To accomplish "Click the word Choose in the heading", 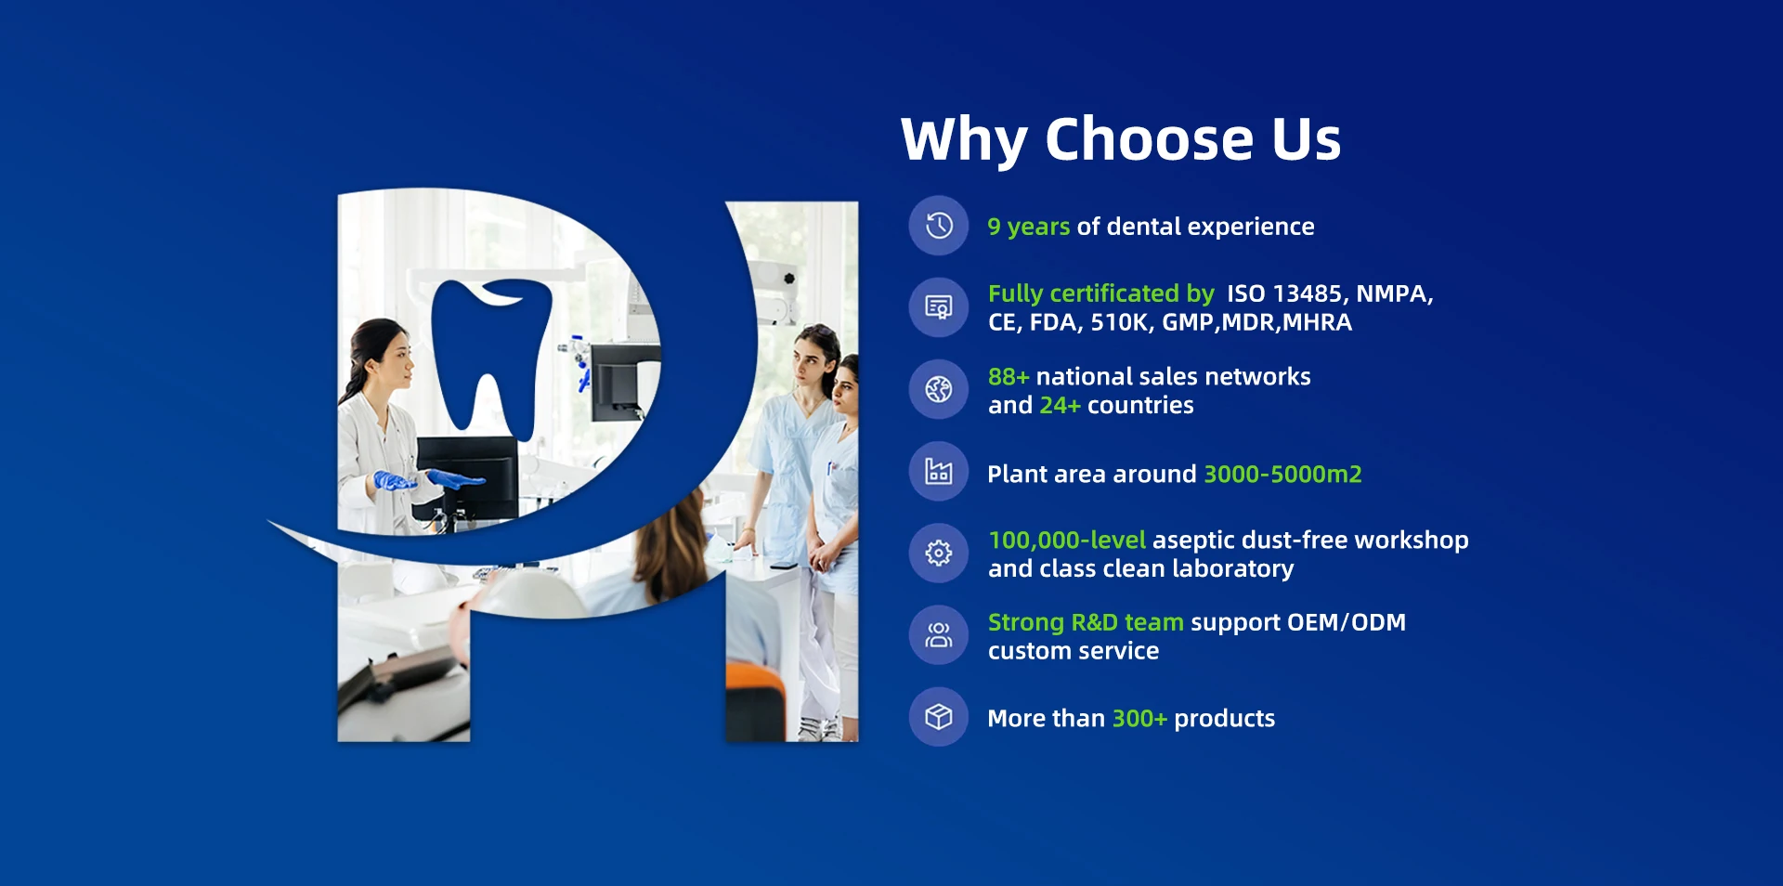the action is (x=1149, y=139).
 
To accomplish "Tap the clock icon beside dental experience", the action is (x=939, y=226).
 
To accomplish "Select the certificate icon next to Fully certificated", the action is (x=939, y=307).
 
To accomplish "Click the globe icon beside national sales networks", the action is (x=939, y=389).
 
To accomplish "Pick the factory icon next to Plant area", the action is (x=939, y=472).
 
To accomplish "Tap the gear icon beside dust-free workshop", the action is (x=939, y=554).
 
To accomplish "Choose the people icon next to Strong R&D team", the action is (x=939, y=635).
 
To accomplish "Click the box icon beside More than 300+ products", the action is (x=939, y=717).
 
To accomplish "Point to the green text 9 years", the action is (x=1028, y=228).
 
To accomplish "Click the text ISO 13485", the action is (x=1284, y=293).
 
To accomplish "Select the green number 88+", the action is (x=1009, y=376).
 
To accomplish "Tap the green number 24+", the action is (x=1060, y=405).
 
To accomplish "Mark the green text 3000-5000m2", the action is (x=1282, y=474).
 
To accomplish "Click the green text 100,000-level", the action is (x=1067, y=540).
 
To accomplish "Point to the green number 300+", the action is (x=1139, y=718).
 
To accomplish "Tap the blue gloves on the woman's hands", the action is (x=427, y=480).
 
